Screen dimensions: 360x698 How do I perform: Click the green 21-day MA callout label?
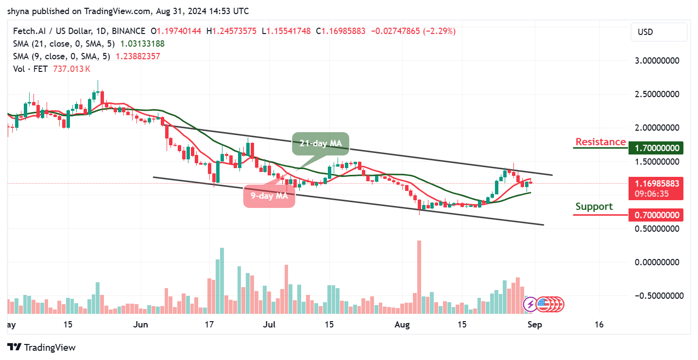click(x=320, y=143)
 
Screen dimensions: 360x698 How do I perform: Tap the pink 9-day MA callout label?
click(x=269, y=196)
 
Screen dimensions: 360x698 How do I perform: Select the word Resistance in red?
click(x=600, y=142)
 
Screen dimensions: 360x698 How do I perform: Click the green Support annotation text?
click(x=594, y=206)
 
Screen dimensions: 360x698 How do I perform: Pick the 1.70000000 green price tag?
click(x=655, y=148)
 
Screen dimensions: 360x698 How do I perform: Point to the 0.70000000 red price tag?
click(x=655, y=215)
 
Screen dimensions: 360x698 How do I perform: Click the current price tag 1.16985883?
click(x=655, y=184)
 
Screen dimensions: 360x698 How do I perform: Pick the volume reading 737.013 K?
click(x=70, y=69)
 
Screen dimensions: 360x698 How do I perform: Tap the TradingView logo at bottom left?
click(x=42, y=347)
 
